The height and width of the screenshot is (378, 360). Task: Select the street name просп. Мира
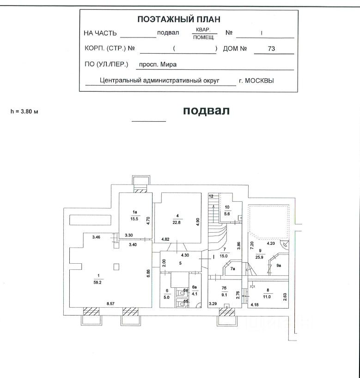[x=158, y=65]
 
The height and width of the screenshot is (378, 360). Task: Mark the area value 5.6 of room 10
[x=227, y=214]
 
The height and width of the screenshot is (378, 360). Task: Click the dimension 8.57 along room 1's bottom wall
[x=111, y=303]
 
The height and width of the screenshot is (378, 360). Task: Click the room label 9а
[x=279, y=266]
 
